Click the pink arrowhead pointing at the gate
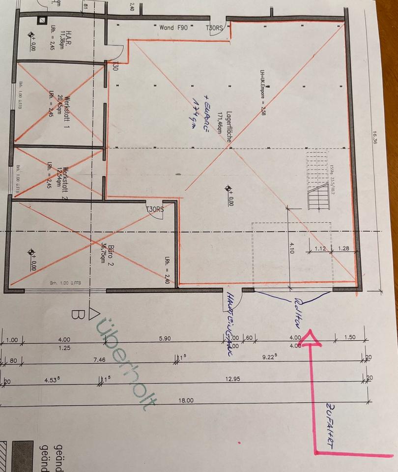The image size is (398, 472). coord(310,338)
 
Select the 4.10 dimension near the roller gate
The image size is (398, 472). coord(291,248)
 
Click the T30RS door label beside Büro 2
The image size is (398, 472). coord(154,209)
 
